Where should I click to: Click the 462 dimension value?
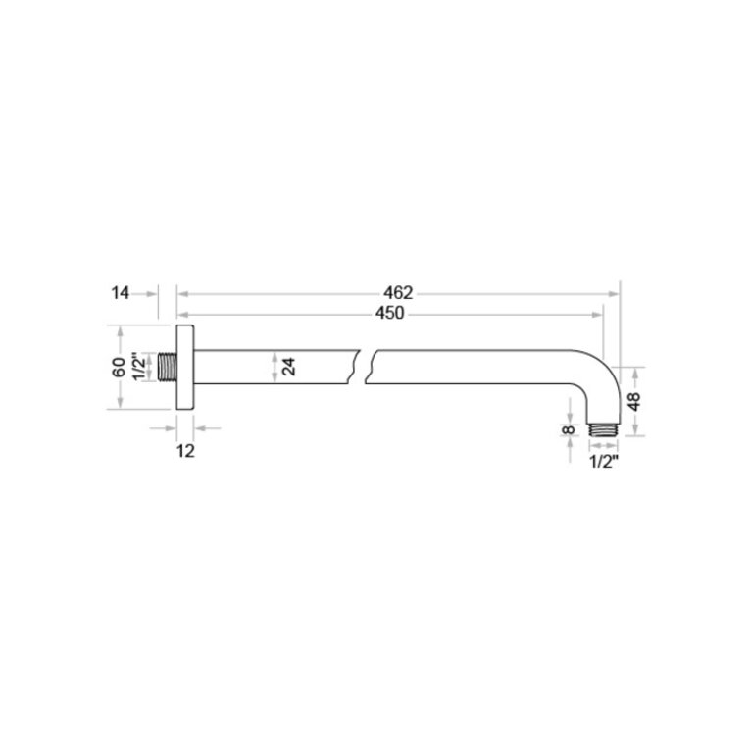pos(397,292)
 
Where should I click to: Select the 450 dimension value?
pos(390,314)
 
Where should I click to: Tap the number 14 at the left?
pos(120,293)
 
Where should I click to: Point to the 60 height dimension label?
pos(119,367)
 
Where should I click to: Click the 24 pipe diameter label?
pos(289,367)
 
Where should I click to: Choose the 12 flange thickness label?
pos(185,451)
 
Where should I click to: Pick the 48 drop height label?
pos(634,401)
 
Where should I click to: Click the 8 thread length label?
pos(569,429)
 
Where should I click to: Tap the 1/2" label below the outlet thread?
pos(604,462)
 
